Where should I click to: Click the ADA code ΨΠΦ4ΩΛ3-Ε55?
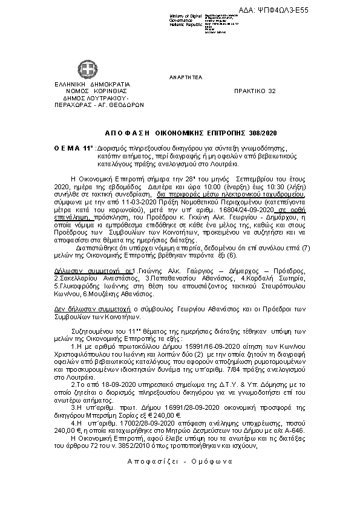(x=325, y=10)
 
